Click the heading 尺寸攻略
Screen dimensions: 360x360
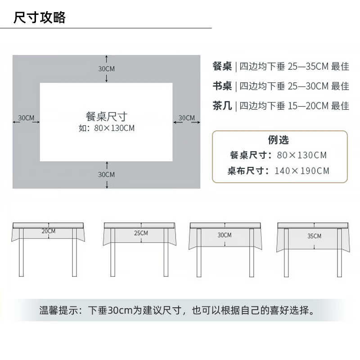[x=40, y=18]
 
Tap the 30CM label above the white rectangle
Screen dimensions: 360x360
[x=107, y=69]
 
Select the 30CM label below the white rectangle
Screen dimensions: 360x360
[x=107, y=174]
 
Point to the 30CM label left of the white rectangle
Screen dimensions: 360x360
[x=26, y=118]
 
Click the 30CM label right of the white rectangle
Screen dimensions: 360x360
[x=187, y=118]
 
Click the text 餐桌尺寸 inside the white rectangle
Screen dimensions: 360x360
[x=107, y=117]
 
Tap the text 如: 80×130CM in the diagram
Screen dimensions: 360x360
[x=107, y=128]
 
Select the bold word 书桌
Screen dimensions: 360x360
[x=222, y=86]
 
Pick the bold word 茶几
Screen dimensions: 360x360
[x=222, y=106]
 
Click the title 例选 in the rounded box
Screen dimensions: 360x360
[x=279, y=140]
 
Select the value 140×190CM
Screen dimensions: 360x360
[x=302, y=171]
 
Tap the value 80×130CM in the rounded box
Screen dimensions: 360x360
[x=302, y=155]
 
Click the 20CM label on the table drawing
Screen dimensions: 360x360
[x=49, y=231]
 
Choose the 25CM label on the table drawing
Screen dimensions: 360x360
[x=141, y=233]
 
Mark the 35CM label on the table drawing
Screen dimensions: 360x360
[x=315, y=236]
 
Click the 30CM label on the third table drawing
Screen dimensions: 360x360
[x=225, y=235]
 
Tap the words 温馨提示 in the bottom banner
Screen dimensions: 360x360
[x=57, y=310]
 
